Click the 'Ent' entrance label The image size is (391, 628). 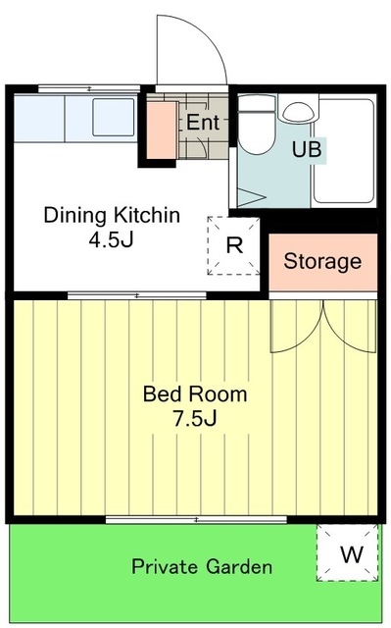[x=203, y=122]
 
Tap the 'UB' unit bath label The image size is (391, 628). [x=307, y=149]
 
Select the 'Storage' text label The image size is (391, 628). [x=322, y=262]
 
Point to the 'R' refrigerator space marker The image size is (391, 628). [x=234, y=245]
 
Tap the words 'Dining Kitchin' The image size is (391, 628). [x=112, y=215]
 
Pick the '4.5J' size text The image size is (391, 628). [x=111, y=239]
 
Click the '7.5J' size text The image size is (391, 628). [x=195, y=419]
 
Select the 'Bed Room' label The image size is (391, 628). [x=195, y=394]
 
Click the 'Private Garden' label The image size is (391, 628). [x=202, y=567]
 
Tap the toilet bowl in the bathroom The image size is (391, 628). [x=257, y=126]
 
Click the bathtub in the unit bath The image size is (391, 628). [x=344, y=151]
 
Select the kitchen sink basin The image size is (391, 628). [x=114, y=118]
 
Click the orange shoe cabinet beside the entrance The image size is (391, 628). [x=163, y=131]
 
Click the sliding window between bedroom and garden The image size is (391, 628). [x=196, y=519]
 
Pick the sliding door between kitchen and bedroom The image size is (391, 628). [x=137, y=296]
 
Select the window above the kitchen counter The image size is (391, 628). [x=89, y=88]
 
